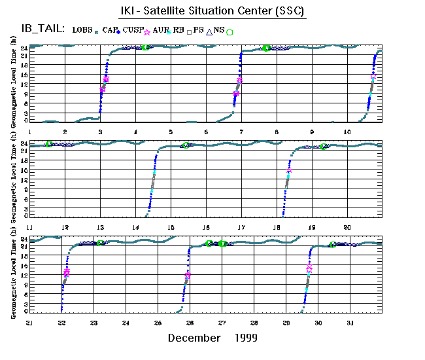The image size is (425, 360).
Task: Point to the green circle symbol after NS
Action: pos(229,31)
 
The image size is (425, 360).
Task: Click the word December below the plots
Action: pos(194,338)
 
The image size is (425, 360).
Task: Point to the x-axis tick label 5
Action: pos(170,132)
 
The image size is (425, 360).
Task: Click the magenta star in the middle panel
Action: pos(289,170)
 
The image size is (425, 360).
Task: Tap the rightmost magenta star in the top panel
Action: pos(373,76)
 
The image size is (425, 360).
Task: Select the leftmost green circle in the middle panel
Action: pos(49,145)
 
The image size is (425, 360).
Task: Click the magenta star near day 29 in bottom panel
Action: pos(309,268)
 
